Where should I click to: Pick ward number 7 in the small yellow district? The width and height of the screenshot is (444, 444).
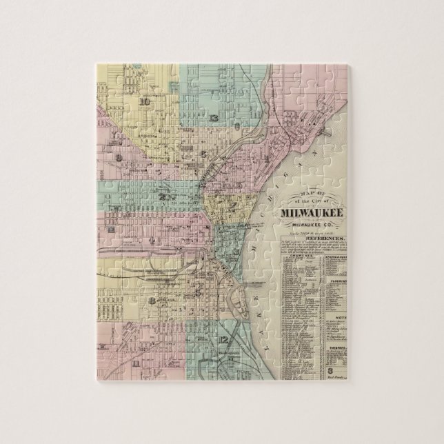point(234,205)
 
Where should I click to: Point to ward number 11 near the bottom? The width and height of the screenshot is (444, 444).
point(137,363)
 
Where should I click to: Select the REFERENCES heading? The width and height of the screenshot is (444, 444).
point(316,243)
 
